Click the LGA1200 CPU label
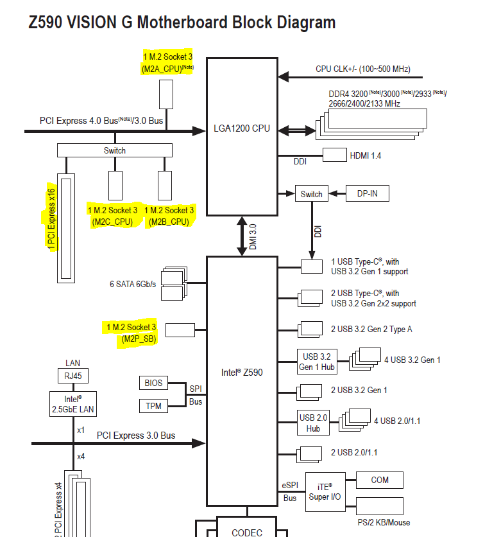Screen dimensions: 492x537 [x=242, y=128]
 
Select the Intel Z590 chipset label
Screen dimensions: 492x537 [x=242, y=373]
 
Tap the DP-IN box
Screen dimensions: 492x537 [x=367, y=193]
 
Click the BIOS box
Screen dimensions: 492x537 [x=153, y=383]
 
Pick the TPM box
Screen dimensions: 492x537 [x=153, y=406]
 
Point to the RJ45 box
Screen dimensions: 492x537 [x=73, y=376]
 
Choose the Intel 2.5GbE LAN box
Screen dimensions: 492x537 [x=73, y=404]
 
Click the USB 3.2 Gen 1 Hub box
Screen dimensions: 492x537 [x=317, y=362]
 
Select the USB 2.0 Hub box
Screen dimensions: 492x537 [x=313, y=423]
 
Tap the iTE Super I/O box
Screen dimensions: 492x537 [x=325, y=492]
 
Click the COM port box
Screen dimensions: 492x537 [x=380, y=480]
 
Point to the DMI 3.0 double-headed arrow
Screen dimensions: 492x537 [x=242, y=236]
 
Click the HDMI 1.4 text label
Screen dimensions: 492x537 [x=365, y=156]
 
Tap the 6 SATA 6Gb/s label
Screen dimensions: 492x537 [x=133, y=285]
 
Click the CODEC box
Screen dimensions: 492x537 [x=247, y=527]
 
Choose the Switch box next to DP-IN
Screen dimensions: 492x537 [x=312, y=194]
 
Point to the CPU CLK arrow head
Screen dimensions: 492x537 [x=284, y=77]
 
